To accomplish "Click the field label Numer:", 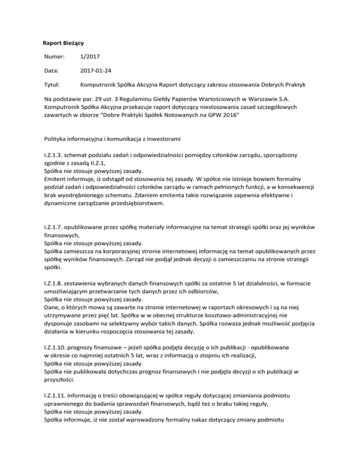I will coord(52,56).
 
